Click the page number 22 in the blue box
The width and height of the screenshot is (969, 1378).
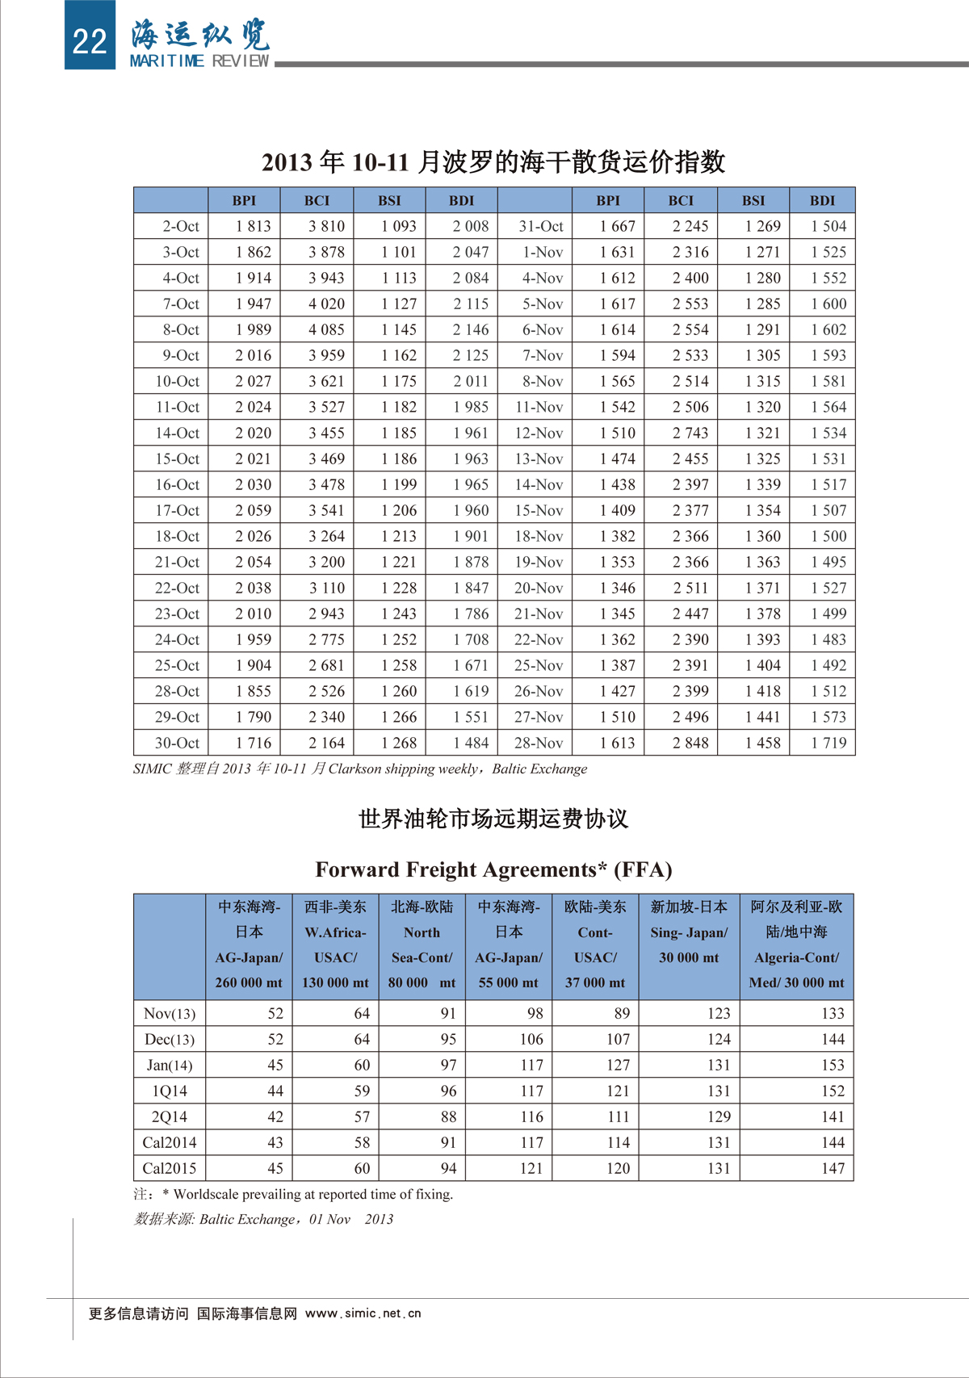point(89,40)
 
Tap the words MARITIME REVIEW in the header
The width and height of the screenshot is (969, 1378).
point(199,61)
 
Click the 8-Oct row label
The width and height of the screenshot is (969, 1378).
point(181,329)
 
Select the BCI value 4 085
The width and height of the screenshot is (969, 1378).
point(326,329)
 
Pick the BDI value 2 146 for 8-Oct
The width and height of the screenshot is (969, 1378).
point(471,329)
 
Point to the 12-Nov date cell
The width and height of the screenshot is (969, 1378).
point(539,433)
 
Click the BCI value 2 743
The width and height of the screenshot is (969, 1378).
point(690,433)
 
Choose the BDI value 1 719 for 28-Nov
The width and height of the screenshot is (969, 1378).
point(828,743)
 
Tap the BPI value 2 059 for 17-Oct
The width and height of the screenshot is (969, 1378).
point(254,510)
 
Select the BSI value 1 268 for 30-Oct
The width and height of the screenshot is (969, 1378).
point(399,743)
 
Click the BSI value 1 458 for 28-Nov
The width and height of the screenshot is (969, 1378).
point(762,743)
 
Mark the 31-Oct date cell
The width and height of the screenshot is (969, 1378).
point(541,226)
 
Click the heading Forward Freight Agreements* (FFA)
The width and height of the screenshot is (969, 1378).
point(493,869)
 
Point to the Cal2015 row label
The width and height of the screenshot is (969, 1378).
point(170,1168)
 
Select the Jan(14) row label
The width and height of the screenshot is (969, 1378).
point(170,1065)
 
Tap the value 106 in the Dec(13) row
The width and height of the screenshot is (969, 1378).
point(531,1039)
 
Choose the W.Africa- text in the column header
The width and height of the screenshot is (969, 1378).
point(335,932)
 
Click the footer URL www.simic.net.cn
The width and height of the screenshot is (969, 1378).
point(363,1313)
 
